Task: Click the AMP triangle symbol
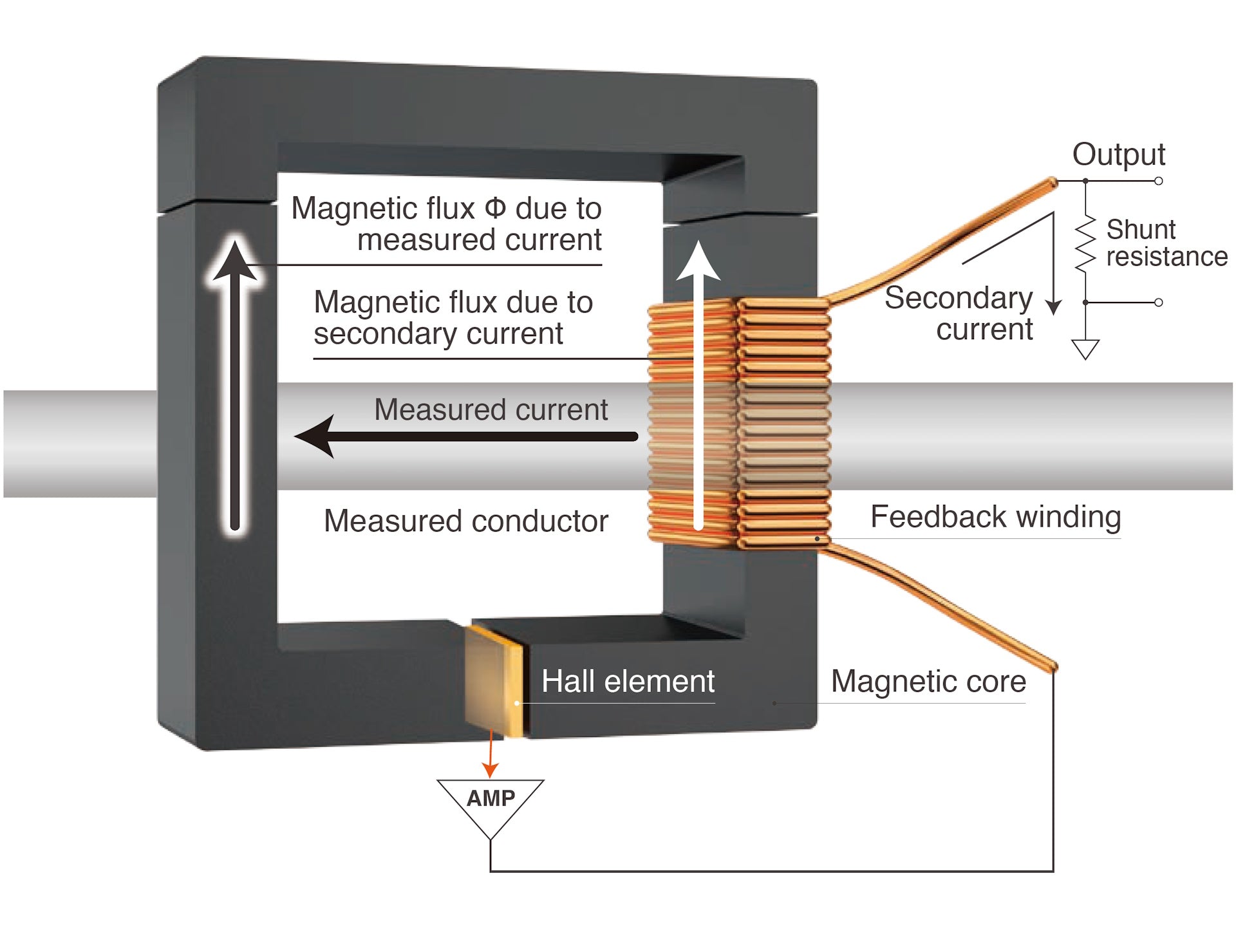pyautogui.click(x=491, y=801)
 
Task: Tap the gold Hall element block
pyautogui.click(x=494, y=680)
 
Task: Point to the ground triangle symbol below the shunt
pyautogui.click(x=1085, y=348)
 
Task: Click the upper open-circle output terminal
pyautogui.click(x=1158, y=181)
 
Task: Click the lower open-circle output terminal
pyautogui.click(x=1158, y=302)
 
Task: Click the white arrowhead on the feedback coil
pyautogui.click(x=698, y=261)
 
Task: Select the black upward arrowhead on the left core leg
pyautogui.click(x=235, y=261)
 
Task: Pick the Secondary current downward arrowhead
pyautogui.click(x=1053, y=306)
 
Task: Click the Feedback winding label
pyautogui.click(x=995, y=517)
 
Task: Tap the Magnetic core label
pyautogui.click(x=928, y=681)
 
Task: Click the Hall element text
pyautogui.click(x=628, y=681)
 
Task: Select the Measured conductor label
pyautogui.click(x=465, y=521)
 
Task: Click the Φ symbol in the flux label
pyautogui.click(x=495, y=209)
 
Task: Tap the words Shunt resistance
pyautogui.click(x=1166, y=243)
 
